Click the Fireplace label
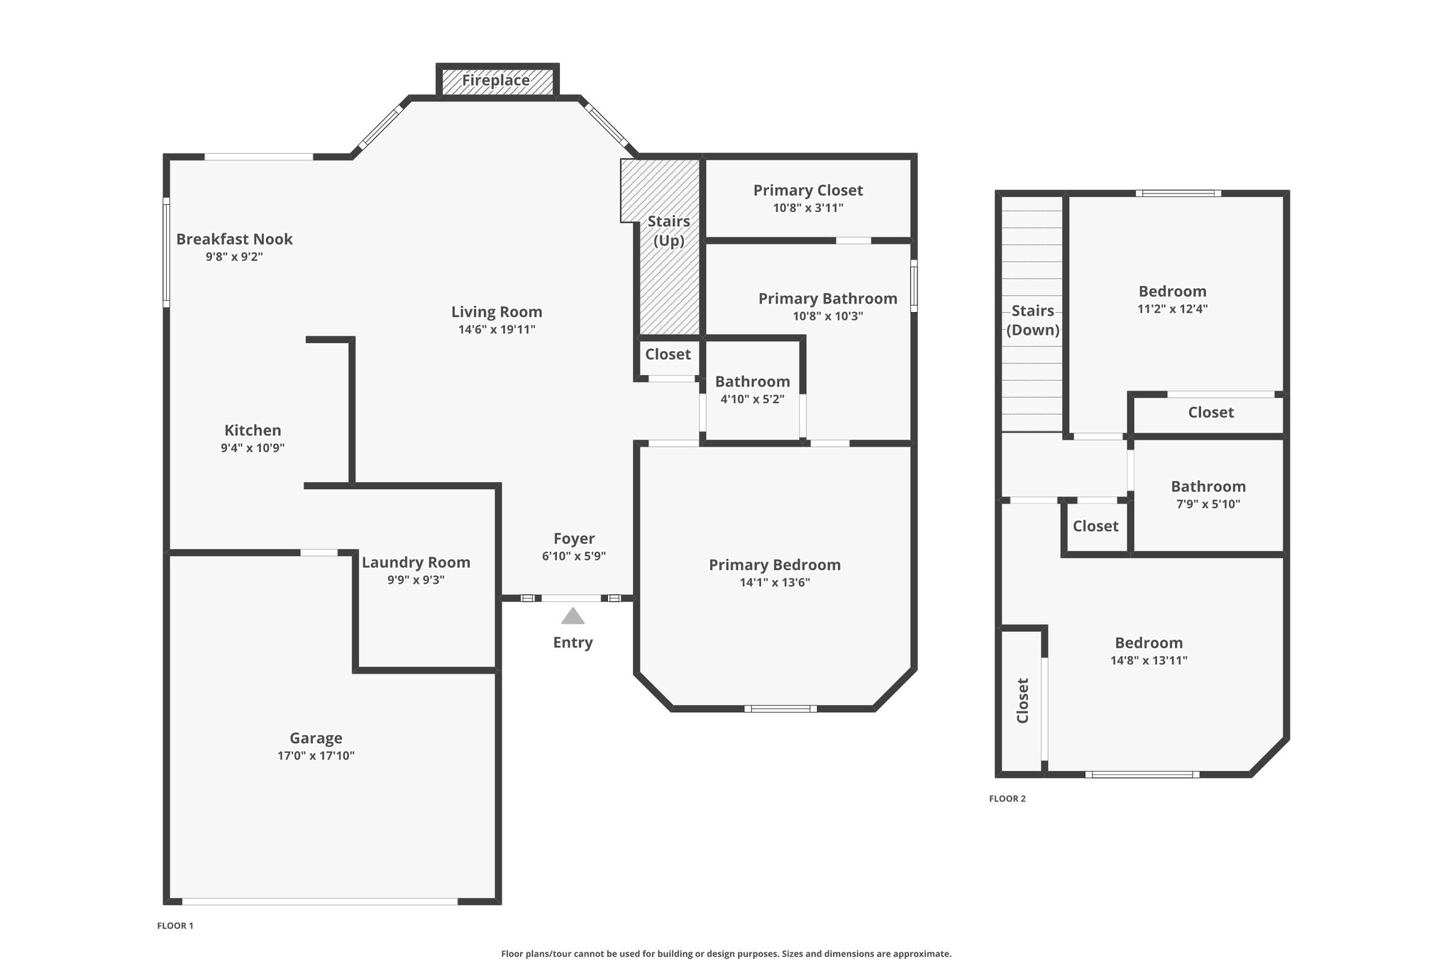(496, 80)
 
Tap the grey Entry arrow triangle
(573, 616)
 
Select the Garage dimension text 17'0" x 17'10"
(316, 756)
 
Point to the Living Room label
(497, 312)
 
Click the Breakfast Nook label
(234, 239)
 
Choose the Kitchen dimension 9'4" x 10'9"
(253, 447)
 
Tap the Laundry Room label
(416, 562)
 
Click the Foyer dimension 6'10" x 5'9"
(574, 556)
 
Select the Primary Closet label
(808, 190)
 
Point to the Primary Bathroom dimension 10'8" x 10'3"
(828, 316)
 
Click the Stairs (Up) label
(669, 231)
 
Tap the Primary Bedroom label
(775, 565)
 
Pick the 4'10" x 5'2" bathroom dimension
(753, 399)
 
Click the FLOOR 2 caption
(1007, 799)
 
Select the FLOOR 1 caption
(175, 925)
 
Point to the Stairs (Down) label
(1033, 321)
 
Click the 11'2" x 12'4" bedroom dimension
(1173, 309)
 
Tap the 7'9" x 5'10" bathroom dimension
(1208, 504)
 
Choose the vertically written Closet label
(1023, 701)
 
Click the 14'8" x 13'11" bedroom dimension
(1149, 660)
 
